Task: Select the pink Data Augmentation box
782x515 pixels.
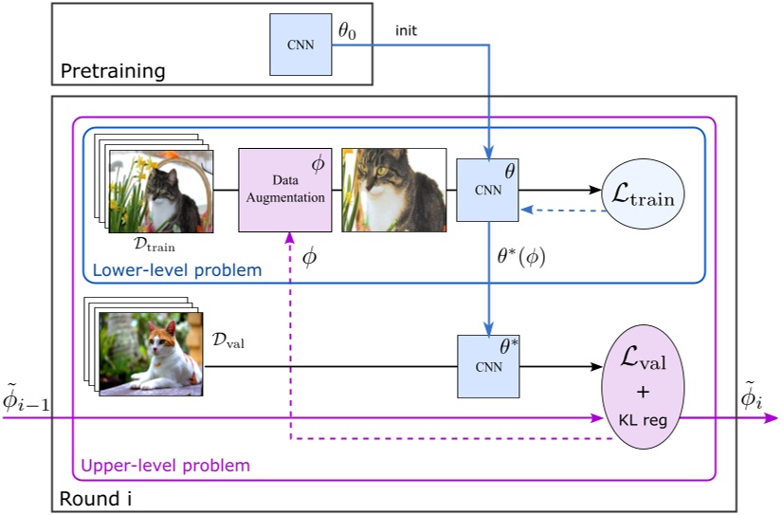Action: [284, 190]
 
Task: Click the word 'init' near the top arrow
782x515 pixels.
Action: [406, 31]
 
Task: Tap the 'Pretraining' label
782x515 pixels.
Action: [113, 71]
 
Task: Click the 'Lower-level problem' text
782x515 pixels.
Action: [176, 270]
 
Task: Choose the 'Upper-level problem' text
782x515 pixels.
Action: [166, 465]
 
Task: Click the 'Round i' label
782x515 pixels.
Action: [91, 498]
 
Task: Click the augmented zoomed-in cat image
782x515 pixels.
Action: [393, 190]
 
